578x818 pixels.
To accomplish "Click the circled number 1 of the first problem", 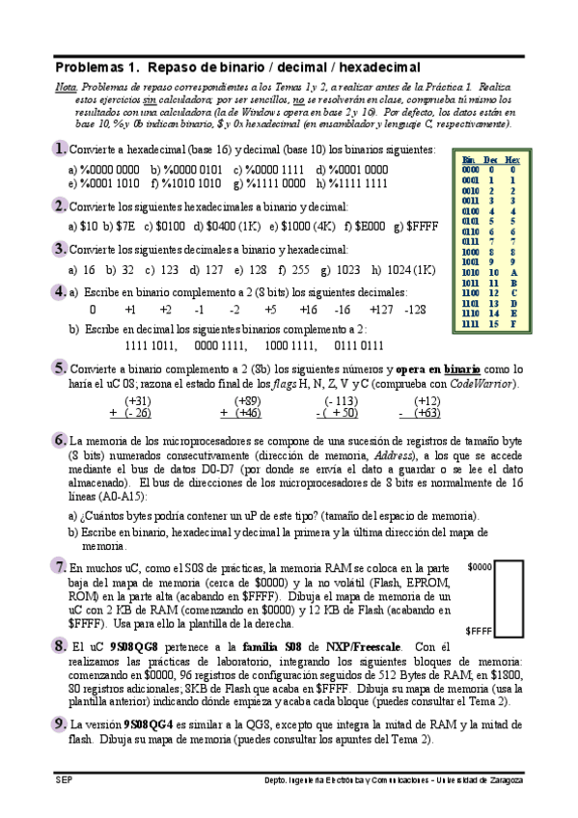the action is (x=60, y=149).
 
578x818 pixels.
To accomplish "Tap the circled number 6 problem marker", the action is (x=60, y=439).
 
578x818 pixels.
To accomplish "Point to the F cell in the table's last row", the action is (x=513, y=324).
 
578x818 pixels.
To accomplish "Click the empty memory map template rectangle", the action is (x=508, y=597).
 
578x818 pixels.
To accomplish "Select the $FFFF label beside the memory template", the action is (x=480, y=630).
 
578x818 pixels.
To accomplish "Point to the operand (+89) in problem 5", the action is (x=247, y=400).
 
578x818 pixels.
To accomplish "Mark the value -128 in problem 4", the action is (x=415, y=310).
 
